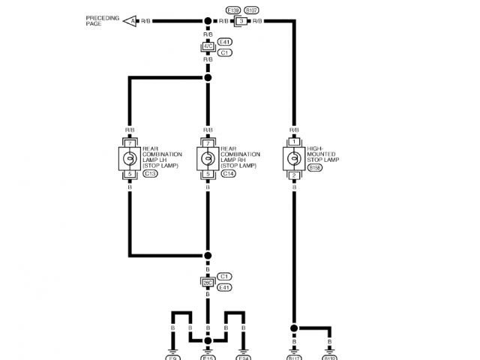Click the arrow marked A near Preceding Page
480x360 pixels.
pos(132,21)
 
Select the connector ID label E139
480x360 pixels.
pos(232,10)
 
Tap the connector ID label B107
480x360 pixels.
pos(253,10)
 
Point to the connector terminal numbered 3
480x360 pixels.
pos(243,21)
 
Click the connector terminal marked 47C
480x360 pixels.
pos(208,46)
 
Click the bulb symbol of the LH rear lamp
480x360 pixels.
pos(129,158)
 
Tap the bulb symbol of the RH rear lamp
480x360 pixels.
pos(208,158)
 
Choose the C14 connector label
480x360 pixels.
pos(229,174)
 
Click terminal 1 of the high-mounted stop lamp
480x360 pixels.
pos(294,141)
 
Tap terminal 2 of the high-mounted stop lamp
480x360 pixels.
pos(294,175)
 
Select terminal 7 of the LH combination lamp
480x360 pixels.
pos(129,142)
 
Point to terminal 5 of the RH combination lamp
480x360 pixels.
pos(208,175)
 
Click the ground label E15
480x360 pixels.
pos(208,357)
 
